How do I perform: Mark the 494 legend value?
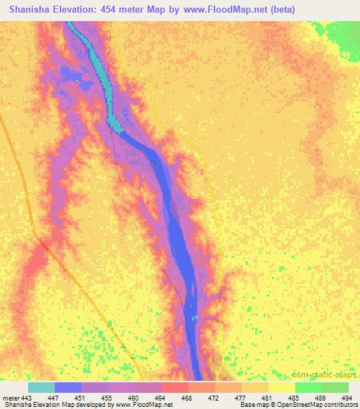tap(347, 398)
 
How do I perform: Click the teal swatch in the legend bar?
tap(41, 387)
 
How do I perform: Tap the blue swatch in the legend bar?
tap(68, 387)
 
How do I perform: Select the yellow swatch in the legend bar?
tap(281, 387)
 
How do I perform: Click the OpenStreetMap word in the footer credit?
tap(279, 405)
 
